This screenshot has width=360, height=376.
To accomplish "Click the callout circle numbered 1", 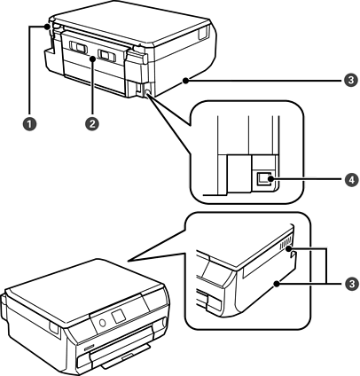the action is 30,123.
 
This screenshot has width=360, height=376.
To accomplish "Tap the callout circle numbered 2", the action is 92,123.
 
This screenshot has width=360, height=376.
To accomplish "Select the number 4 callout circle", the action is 351,179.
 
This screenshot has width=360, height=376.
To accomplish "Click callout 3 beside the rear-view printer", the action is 351,80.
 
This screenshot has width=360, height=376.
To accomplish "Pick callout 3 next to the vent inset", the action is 351,284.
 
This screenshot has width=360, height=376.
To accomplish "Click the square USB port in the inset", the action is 262,179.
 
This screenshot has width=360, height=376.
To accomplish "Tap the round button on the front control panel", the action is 103,323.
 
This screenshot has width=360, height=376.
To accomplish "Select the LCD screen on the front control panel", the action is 119,316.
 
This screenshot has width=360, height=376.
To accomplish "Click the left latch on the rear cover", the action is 78,47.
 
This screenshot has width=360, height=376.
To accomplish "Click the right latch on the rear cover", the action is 107,55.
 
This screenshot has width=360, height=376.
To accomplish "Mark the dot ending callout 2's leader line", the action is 92,59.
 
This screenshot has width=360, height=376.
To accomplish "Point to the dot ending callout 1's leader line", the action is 47,27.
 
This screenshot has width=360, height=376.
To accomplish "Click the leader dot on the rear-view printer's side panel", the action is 185,80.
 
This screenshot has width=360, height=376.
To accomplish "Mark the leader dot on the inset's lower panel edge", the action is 277,284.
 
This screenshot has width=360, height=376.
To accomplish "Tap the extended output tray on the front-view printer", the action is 127,357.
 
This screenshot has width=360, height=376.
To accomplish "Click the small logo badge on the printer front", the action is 89,349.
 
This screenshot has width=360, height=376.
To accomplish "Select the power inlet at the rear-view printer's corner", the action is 147,90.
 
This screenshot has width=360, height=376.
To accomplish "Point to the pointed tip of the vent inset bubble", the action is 128,261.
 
